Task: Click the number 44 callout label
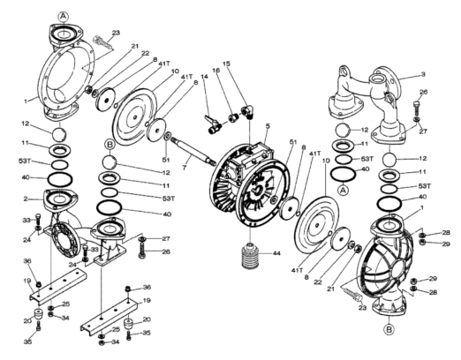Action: (x=276, y=253)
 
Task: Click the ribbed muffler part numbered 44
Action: (x=251, y=255)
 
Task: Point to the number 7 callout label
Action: (x=185, y=168)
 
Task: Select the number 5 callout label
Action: (x=268, y=126)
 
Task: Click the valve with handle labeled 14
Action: (x=213, y=124)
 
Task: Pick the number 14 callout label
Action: (x=204, y=77)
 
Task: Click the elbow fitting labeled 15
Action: (x=246, y=112)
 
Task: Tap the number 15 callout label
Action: (x=226, y=64)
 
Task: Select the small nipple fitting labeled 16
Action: (x=233, y=118)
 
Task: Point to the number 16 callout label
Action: (x=216, y=71)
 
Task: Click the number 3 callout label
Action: (x=423, y=74)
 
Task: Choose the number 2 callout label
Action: (x=26, y=199)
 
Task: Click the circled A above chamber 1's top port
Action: (x=64, y=17)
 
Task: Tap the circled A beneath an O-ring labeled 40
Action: (x=343, y=191)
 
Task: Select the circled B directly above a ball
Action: (x=110, y=145)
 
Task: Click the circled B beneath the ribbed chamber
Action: (x=389, y=329)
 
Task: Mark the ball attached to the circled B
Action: (x=110, y=161)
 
